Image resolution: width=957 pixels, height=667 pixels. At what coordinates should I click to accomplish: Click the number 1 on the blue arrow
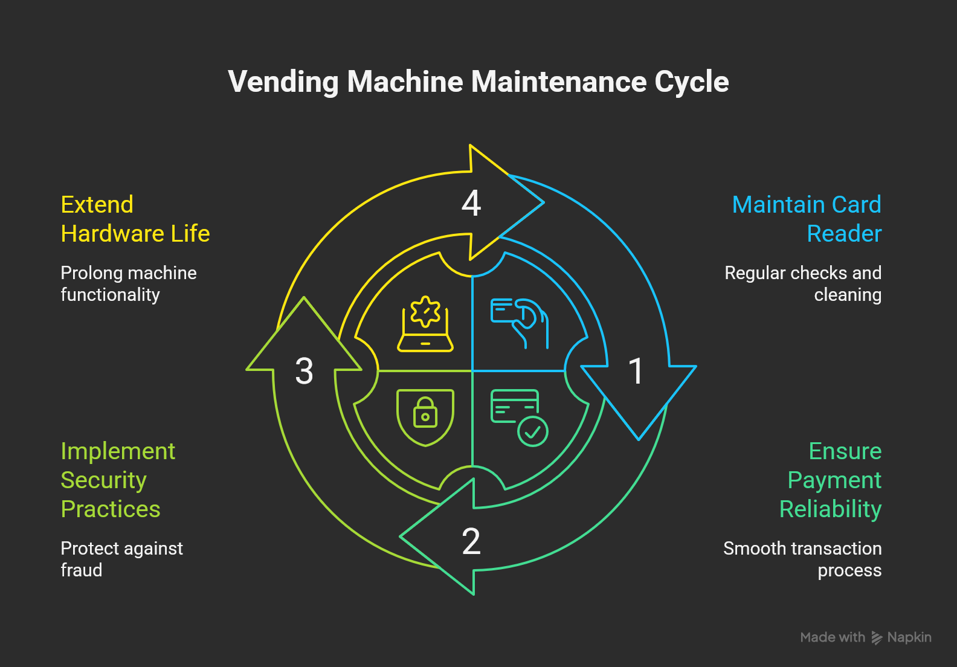(636, 370)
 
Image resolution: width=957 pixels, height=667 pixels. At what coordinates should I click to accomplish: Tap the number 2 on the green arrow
(471, 541)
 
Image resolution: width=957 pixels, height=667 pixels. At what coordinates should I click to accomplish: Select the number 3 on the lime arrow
(304, 370)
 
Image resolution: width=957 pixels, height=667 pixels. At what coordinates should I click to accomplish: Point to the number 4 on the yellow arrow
(471, 203)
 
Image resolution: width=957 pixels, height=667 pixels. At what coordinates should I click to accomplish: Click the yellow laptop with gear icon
(425, 324)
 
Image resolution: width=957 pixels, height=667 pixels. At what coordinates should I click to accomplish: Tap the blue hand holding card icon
(520, 323)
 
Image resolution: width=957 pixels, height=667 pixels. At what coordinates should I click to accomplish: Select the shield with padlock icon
(425, 417)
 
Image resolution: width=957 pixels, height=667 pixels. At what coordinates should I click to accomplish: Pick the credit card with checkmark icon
(519, 417)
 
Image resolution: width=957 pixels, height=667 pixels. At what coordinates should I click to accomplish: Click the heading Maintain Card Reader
(807, 219)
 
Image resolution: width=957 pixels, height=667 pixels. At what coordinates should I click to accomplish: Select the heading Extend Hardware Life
(135, 219)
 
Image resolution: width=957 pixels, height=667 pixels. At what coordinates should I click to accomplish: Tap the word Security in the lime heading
(104, 480)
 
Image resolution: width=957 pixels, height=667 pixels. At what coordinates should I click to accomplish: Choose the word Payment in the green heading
(834, 480)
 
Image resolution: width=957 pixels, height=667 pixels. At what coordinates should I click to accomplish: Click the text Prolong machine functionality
(129, 283)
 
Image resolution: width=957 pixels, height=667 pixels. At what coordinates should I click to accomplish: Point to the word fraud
(82, 570)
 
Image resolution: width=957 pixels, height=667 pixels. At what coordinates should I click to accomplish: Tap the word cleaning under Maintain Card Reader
(848, 295)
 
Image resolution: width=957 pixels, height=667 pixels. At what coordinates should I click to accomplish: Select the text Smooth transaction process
(802, 559)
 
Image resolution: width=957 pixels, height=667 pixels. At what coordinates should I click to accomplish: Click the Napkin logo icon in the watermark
(877, 638)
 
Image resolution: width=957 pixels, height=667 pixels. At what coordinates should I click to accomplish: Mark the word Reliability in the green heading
(830, 509)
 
